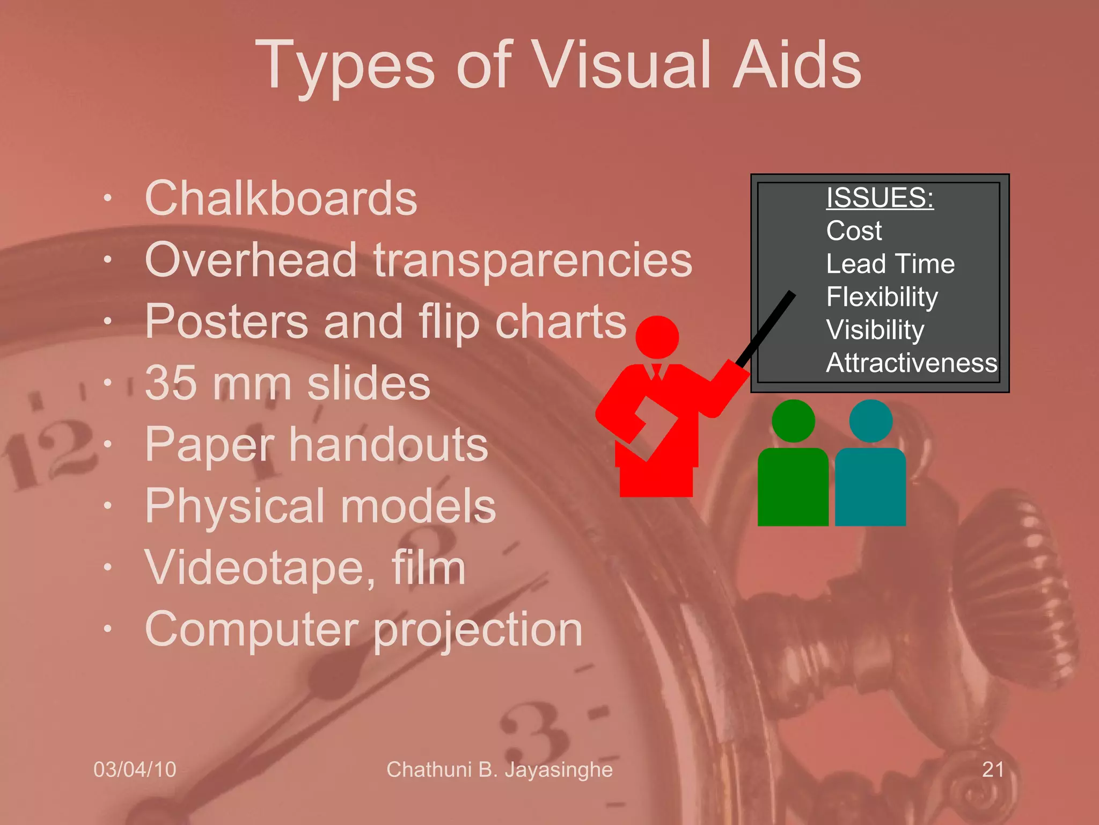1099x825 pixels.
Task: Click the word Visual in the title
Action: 622,66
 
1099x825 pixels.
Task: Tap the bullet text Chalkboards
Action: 281,198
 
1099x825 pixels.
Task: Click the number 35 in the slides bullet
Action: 170,383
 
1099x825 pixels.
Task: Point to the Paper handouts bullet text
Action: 316,445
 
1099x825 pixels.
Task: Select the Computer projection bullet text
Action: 363,629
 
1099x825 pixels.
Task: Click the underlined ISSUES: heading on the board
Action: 880,197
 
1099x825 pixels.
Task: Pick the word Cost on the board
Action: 854,231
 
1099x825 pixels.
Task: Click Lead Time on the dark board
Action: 890,264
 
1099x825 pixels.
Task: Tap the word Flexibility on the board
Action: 882,297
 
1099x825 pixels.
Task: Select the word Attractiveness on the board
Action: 911,363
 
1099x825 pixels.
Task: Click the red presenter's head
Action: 657,337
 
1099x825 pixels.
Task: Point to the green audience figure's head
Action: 793,421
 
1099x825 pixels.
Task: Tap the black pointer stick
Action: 767,328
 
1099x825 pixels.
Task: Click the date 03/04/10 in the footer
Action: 135,770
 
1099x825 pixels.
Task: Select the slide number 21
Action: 993,770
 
